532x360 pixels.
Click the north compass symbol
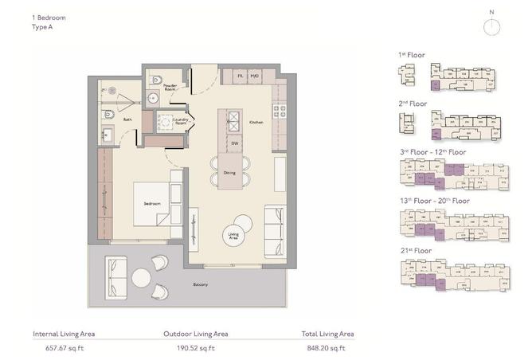tap(493, 25)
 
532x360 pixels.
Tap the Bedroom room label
tap(152, 204)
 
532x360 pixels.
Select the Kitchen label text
tap(256, 123)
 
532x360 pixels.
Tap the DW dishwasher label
tap(235, 143)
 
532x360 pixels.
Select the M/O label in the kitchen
tap(255, 76)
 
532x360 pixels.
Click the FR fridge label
tap(239, 76)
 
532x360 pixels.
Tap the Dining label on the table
tap(229, 173)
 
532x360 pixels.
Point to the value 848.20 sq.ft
tap(327, 348)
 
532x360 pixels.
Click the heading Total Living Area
tap(327, 334)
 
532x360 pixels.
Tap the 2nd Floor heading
tap(413, 104)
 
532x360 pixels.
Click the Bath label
tap(127, 119)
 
